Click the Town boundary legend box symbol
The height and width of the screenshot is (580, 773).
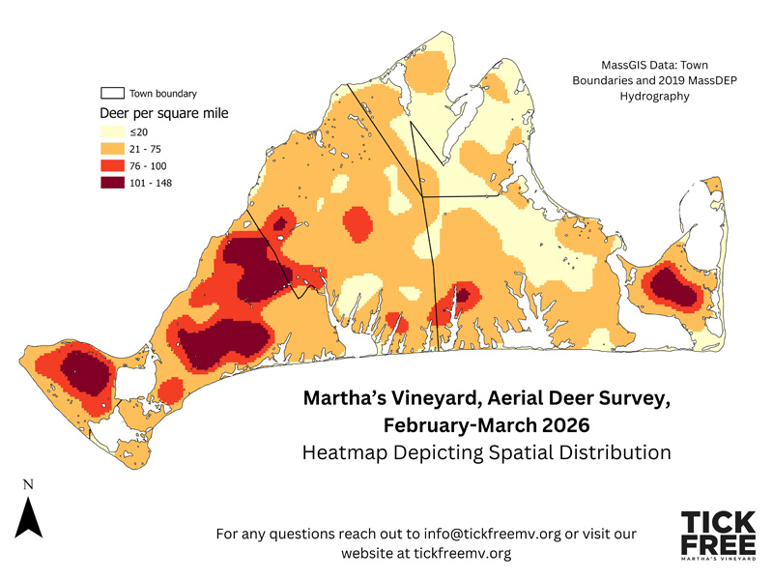[x=112, y=94]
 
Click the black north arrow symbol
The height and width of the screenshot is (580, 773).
[x=29, y=517]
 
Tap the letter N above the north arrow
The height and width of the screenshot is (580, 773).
[x=29, y=483]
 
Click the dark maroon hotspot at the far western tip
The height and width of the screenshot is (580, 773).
[x=82, y=372]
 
